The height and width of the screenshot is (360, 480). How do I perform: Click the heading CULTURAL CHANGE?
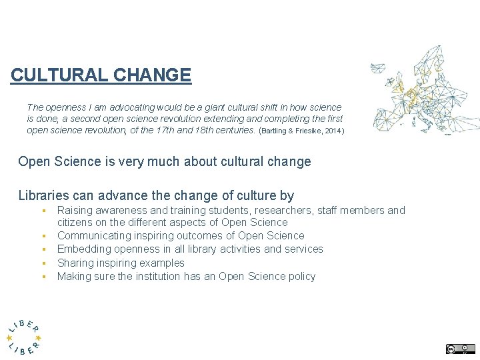click(x=101, y=75)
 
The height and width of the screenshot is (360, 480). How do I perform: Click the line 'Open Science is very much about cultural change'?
click(x=165, y=162)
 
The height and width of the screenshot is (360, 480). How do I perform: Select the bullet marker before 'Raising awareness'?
click(x=42, y=211)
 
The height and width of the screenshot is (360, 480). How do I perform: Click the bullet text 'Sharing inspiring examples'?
click(x=121, y=263)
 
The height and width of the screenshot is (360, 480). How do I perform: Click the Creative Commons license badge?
click(x=461, y=348)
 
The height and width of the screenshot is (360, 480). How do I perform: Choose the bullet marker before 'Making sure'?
click(x=42, y=276)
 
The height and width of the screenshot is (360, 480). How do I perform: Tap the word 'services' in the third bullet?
click(x=303, y=249)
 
